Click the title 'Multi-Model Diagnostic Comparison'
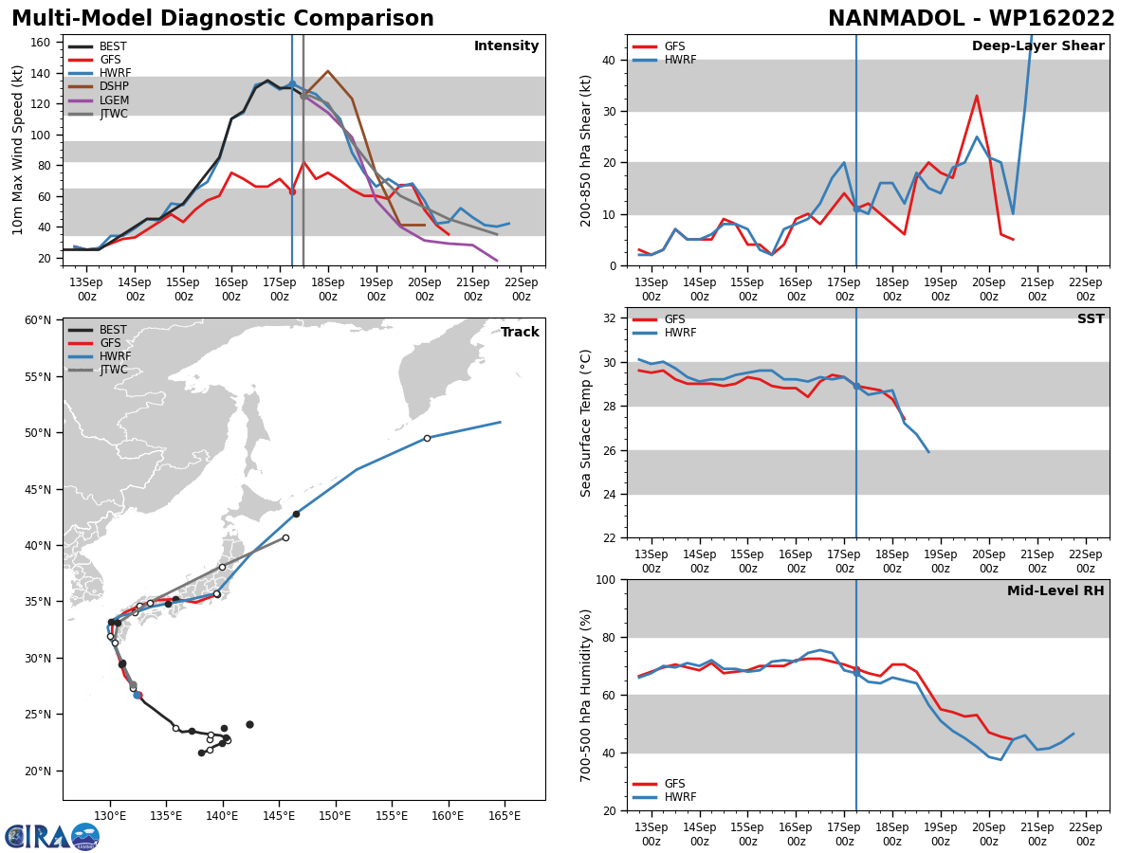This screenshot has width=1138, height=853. (223, 19)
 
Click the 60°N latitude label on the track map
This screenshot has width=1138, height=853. (38, 320)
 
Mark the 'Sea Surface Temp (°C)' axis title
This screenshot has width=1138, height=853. (586, 423)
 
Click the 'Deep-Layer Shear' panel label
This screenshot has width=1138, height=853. (1037, 46)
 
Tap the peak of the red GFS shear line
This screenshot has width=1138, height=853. (977, 96)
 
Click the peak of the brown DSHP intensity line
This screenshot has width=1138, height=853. (327, 71)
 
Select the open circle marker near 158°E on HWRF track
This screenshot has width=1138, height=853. (427, 438)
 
